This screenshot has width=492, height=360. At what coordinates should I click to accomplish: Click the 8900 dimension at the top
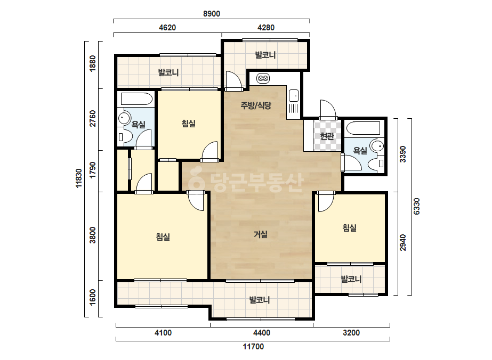(212, 14)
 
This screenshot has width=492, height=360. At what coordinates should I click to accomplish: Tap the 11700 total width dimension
(253, 347)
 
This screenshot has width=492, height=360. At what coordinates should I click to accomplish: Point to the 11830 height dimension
(79, 178)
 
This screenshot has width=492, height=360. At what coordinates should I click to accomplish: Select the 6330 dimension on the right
(417, 206)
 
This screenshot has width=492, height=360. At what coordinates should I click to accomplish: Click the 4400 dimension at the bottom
(262, 333)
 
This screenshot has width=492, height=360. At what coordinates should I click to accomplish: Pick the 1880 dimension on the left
(93, 64)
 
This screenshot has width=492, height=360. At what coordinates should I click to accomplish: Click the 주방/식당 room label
(256, 105)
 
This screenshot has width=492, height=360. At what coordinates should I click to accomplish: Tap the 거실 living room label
(261, 234)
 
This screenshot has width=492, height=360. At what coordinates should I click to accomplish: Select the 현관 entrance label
(327, 136)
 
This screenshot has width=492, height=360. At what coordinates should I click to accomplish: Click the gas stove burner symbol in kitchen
(263, 78)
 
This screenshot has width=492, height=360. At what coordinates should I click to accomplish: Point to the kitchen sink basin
(294, 96)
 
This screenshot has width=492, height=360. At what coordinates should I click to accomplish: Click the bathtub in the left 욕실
(136, 99)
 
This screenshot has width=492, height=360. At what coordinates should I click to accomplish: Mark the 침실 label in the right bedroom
(350, 228)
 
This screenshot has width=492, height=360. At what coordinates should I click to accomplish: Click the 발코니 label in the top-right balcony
(265, 55)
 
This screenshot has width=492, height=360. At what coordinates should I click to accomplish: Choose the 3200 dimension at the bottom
(351, 333)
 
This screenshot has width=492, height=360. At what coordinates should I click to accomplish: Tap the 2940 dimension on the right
(403, 243)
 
